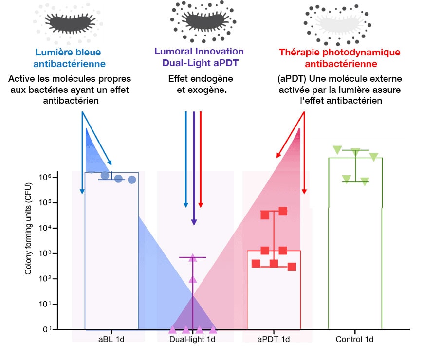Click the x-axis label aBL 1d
[x=111, y=339]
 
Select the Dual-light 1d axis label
[x=192, y=339]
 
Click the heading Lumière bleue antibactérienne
[x=70, y=57]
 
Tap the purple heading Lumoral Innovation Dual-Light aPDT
[x=199, y=57]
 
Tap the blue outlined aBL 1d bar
[x=111, y=253]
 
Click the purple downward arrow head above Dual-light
[x=194, y=222]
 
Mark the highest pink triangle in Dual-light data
[x=193, y=258]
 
